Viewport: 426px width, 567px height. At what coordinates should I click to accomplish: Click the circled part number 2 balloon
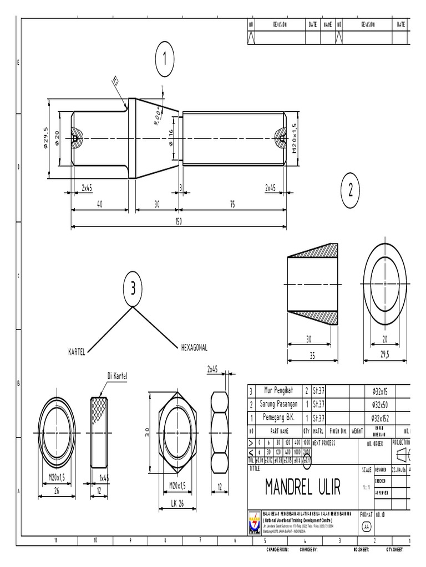pyautogui.click(x=350, y=190)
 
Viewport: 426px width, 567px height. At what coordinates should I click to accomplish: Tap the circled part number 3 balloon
pyautogui.click(x=133, y=288)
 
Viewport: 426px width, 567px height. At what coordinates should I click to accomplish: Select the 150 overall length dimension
pyautogui.click(x=179, y=220)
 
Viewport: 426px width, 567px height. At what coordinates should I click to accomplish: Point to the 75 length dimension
pyautogui.click(x=232, y=204)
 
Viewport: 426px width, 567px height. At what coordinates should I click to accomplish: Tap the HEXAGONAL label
pyautogui.click(x=194, y=348)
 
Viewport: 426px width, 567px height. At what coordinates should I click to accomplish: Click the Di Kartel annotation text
pyautogui.click(x=117, y=377)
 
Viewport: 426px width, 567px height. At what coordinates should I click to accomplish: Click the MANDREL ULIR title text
pyautogui.click(x=302, y=487)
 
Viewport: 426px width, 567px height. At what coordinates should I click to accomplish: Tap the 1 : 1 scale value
pyautogui.click(x=366, y=487)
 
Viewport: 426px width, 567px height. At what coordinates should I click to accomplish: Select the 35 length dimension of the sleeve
pyautogui.click(x=313, y=355)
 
